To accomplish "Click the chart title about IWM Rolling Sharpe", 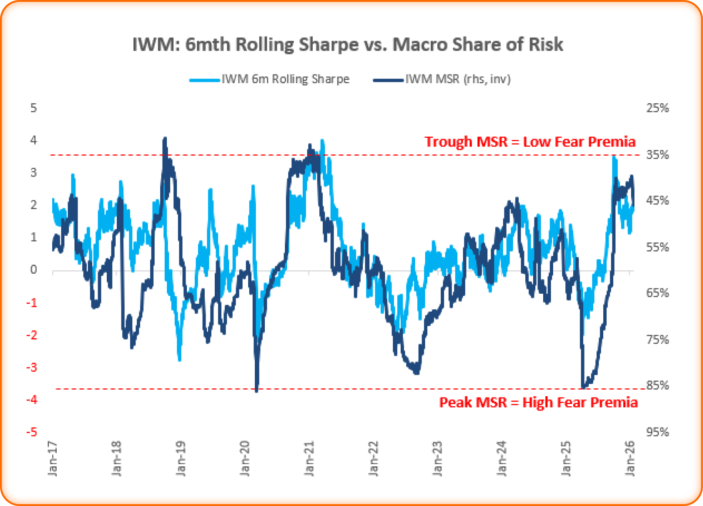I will (348, 44).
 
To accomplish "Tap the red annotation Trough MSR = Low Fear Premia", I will (530, 142).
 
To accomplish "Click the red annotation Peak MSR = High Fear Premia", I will (538, 402).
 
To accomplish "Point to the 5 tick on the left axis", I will (34, 108).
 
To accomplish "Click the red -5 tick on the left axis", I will (32, 432).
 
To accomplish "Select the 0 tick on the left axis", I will (34, 270).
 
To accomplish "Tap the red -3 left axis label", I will (32, 367).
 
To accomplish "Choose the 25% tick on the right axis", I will (657, 108).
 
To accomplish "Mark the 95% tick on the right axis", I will (657, 432).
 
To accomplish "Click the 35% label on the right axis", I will (657, 155).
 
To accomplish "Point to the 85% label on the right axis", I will (657, 385).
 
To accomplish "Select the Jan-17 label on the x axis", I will (52, 458).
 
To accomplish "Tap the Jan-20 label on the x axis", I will (245, 458).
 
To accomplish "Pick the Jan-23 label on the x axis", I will (438, 458).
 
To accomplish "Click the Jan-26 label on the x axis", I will (630, 458).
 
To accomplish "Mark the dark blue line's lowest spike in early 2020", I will (257, 391).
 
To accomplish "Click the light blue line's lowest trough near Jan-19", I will (179, 360).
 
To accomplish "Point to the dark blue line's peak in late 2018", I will (165, 139).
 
